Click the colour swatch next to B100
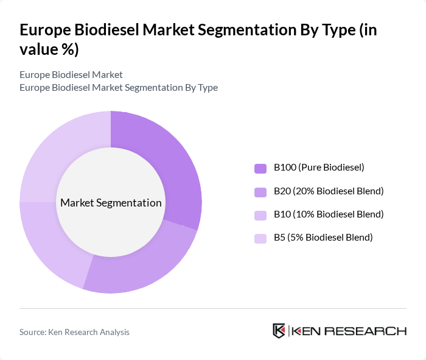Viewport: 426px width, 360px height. pyautogui.click(x=260, y=168)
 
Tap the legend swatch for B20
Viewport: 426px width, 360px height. pyautogui.click(x=260, y=191)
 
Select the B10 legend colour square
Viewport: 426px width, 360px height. pyautogui.click(x=260, y=214)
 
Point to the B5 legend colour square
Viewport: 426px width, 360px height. pyautogui.click(x=260, y=238)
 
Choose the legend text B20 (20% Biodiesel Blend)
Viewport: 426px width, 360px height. pyautogui.click(x=329, y=191)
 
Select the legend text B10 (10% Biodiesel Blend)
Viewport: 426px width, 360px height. pyautogui.click(x=329, y=214)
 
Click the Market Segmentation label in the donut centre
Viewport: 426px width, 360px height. pyautogui.click(x=111, y=203)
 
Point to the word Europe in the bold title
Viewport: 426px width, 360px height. pyautogui.click(x=45, y=30)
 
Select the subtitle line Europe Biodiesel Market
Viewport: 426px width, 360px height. pyautogui.click(x=71, y=74)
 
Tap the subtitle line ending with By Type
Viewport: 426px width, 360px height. pyautogui.click(x=119, y=87)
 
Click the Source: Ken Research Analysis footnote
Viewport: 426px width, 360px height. pyautogui.click(x=74, y=332)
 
